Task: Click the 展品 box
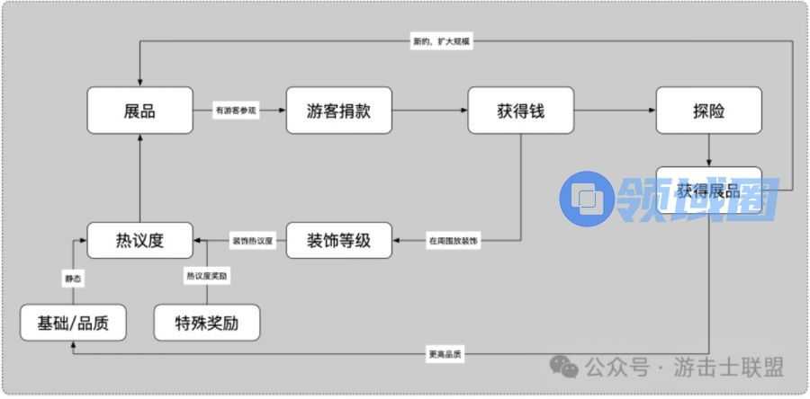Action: coord(140,111)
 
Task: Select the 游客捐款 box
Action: coord(339,111)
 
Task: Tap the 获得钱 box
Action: coord(520,111)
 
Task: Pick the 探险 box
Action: coord(708,111)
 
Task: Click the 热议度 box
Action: coord(140,240)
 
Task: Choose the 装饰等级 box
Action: coord(339,240)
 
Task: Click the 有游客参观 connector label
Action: coord(236,111)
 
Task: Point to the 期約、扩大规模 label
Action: coord(438,41)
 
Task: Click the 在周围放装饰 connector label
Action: coord(453,241)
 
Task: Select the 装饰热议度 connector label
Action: coord(253,241)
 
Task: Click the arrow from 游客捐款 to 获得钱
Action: coord(429,111)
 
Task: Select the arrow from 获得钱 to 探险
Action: coord(614,111)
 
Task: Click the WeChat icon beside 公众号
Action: coord(565,365)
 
